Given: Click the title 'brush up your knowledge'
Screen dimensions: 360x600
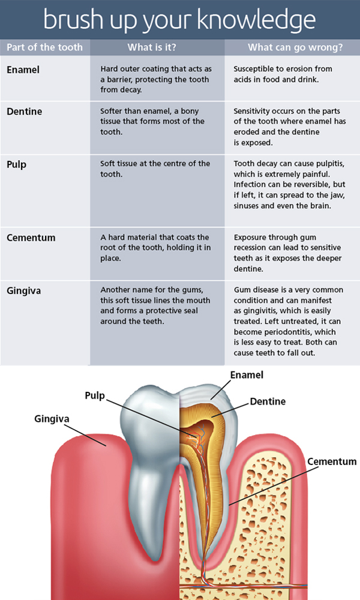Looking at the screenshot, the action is coord(179,20).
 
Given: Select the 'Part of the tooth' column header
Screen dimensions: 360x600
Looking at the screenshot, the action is coord(45,47).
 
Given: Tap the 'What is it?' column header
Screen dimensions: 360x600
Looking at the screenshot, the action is coord(152,47).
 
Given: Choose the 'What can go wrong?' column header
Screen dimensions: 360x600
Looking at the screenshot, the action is coord(295,47).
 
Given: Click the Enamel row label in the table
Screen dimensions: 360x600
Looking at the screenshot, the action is coord(23,70).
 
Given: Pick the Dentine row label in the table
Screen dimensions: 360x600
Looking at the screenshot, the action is coord(25,112).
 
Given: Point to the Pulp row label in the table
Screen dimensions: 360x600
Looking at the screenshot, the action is coord(16,165).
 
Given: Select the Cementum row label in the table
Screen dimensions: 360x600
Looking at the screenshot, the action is coord(31,238).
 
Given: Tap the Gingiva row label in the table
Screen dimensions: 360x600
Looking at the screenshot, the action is coord(24,291).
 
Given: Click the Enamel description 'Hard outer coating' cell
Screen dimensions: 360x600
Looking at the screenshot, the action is coord(156,79).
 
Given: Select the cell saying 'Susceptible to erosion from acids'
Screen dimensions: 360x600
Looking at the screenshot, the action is coord(283,74).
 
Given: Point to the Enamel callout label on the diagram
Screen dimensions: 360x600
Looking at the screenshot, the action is coord(247,375).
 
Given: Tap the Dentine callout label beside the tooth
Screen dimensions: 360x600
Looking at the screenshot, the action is coord(268,401).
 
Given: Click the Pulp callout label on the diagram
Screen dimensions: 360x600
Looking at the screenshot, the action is coord(95,395).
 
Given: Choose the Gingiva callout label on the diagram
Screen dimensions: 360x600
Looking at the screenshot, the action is coord(52,419).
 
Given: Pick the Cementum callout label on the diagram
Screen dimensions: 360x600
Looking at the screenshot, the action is coord(332,461).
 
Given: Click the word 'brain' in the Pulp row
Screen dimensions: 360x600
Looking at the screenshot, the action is coord(319,205).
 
